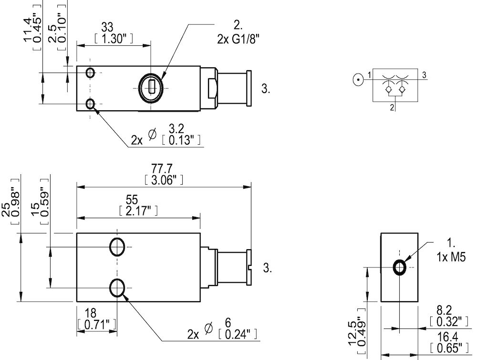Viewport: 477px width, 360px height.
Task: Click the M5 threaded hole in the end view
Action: [400, 268]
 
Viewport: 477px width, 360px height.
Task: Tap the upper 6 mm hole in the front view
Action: [117, 247]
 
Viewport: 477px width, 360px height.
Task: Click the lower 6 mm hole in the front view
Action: [117, 287]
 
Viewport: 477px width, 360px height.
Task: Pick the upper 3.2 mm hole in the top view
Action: [90, 73]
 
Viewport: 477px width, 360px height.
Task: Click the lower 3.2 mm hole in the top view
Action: [90, 104]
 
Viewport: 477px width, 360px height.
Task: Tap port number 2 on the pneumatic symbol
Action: [392, 107]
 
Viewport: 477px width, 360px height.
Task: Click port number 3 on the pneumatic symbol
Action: [424, 74]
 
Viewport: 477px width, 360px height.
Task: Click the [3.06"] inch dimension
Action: [163, 180]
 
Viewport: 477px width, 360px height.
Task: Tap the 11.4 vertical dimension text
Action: [28, 30]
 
